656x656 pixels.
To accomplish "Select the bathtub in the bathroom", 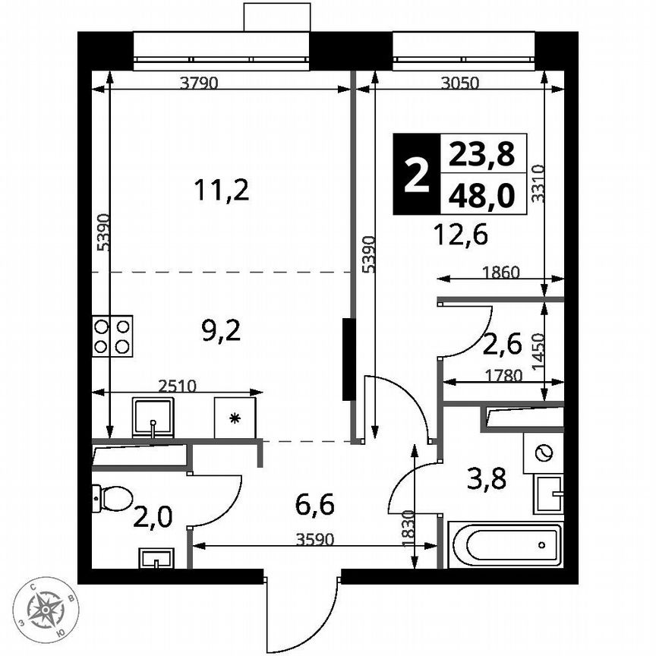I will pyautogui.click(x=504, y=544).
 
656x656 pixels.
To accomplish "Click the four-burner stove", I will pyautogui.click(x=112, y=336).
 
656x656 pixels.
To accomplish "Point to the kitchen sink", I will pyautogui.click(x=154, y=418).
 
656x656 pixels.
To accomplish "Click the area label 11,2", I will pyautogui.click(x=221, y=190).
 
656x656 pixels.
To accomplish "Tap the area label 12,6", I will pyautogui.click(x=461, y=234).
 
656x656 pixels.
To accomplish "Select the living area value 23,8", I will pyautogui.click(x=481, y=155).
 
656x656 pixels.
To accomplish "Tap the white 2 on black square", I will pyautogui.click(x=415, y=175).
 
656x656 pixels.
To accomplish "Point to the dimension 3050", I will pyautogui.click(x=460, y=84).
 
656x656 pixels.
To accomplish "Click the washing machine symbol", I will pyautogui.click(x=542, y=454).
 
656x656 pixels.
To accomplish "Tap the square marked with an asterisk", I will pyautogui.click(x=235, y=418).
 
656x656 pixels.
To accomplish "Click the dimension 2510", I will pyautogui.click(x=178, y=385).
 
